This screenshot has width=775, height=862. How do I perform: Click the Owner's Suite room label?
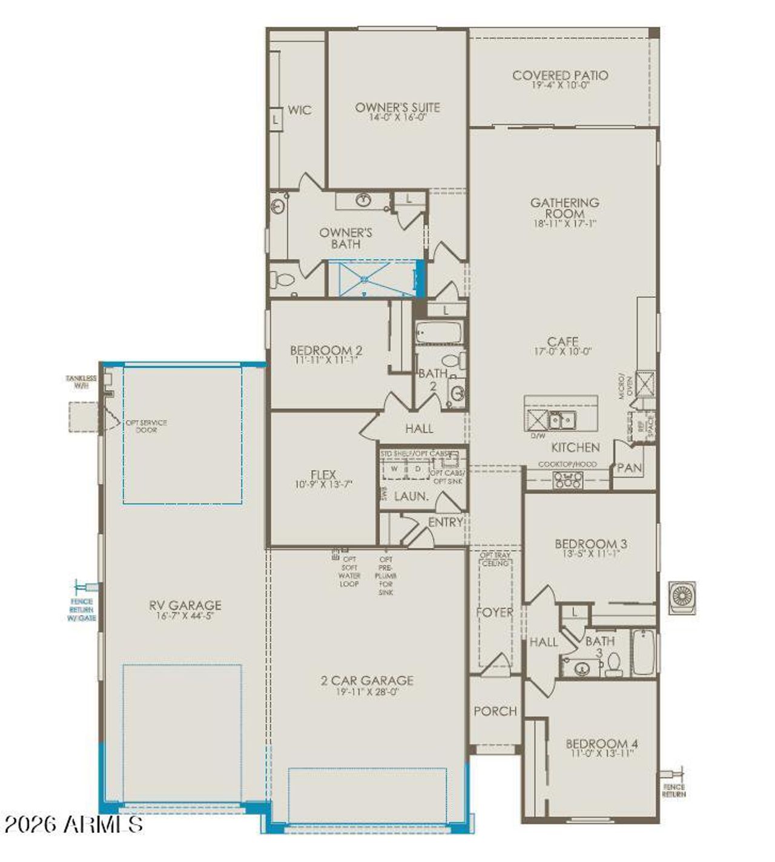pos(397,108)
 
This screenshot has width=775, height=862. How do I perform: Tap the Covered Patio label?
pos(560,76)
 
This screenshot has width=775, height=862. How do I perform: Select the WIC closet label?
pos(300,110)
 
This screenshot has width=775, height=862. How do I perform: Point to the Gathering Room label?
pos(564,208)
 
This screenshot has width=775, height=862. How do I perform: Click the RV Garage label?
pos(185,605)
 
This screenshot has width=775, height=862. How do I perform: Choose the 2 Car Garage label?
pos(367,680)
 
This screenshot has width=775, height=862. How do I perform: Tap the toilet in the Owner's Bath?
pos(283,280)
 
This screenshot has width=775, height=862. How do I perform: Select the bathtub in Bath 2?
pos(439,332)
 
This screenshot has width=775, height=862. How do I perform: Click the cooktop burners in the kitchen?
pos(569,480)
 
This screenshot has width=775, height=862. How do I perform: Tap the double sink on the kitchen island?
pos(562,419)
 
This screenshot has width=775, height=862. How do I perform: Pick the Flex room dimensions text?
pos(323,484)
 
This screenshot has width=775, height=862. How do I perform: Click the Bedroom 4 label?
pos(602,743)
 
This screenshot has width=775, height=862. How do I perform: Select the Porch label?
pos(495,711)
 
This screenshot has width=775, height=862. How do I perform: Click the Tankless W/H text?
pos(81,381)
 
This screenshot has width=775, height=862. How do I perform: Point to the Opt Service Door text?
pos(146,426)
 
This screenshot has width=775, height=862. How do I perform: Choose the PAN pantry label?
pos(629,468)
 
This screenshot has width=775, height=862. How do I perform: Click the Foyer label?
pos(494,612)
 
